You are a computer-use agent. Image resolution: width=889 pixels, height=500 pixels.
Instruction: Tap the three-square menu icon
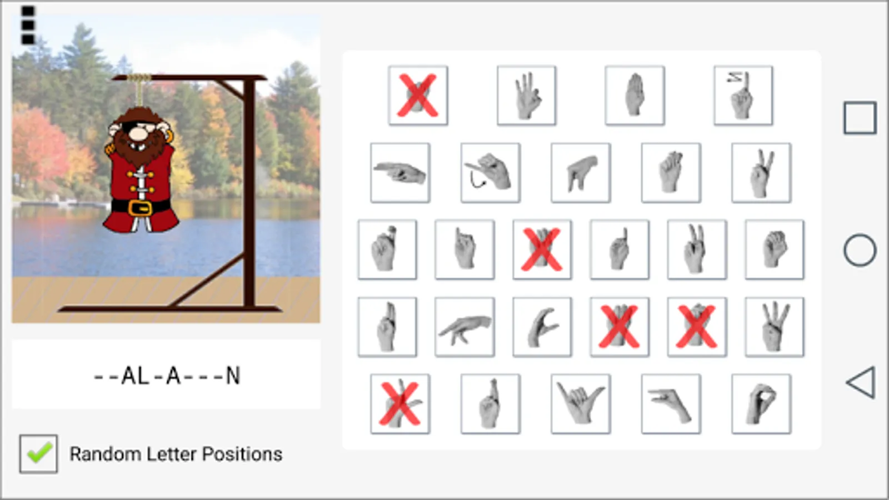(28, 25)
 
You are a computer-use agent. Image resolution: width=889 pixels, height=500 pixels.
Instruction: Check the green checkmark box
(38, 453)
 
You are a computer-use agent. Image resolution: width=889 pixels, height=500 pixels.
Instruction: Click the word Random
(105, 454)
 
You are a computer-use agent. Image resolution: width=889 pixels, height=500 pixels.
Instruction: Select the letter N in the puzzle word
(233, 376)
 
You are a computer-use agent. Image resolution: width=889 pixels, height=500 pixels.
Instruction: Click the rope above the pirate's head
(139, 91)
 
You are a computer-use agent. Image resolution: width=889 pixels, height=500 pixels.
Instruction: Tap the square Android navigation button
(860, 118)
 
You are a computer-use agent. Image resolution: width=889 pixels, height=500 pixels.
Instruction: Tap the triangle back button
(861, 382)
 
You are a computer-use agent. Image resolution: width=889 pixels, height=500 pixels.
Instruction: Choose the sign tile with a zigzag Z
(743, 96)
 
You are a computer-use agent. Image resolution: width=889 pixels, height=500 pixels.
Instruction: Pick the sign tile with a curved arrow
(490, 173)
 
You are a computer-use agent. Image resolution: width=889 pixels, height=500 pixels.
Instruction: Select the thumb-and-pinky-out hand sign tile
(581, 404)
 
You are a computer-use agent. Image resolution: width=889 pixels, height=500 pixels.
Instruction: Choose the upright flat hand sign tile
(635, 96)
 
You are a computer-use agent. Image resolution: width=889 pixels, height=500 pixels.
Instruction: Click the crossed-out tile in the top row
(418, 96)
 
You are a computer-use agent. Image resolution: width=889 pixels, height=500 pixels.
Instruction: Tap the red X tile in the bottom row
(400, 404)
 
